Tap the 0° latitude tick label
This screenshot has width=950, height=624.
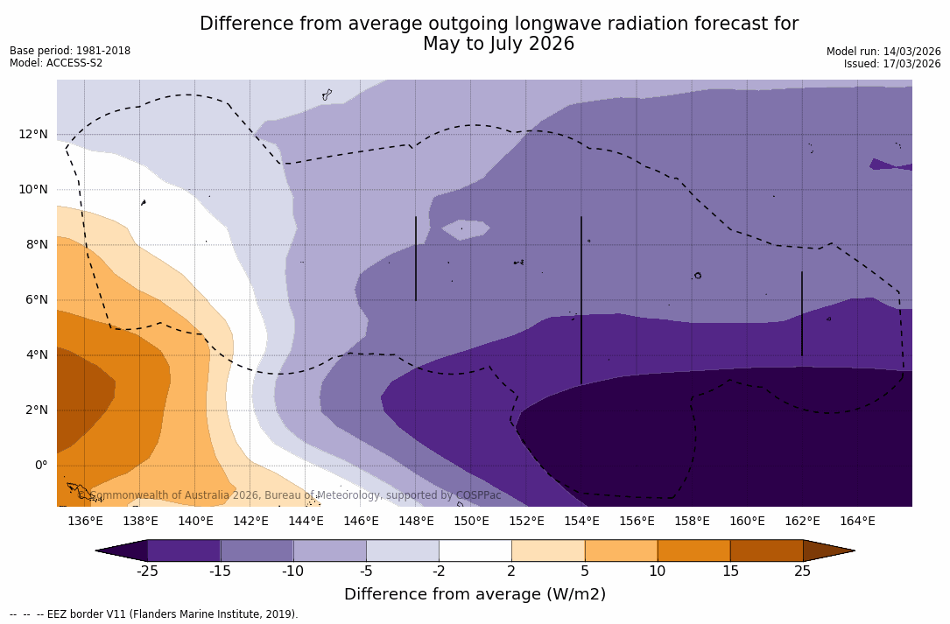click(40, 465)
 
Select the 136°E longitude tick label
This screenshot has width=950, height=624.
click(85, 522)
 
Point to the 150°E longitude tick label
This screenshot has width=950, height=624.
click(471, 522)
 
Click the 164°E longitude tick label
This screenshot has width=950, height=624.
click(857, 522)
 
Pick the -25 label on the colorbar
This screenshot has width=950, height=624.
click(147, 571)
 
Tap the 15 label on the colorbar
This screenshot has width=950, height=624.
click(729, 571)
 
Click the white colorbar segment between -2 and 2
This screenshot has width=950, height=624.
click(475, 550)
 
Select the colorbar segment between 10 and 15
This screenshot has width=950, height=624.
click(693, 550)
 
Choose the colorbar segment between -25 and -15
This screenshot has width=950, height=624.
click(184, 550)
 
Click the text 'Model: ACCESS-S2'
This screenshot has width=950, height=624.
click(56, 63)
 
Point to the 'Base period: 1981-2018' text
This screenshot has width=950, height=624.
click(70, 51)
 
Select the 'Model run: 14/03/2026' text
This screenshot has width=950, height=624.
click(883, 52)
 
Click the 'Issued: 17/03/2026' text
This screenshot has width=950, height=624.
click(892, 64)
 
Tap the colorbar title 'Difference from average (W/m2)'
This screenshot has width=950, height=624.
click(475, 594)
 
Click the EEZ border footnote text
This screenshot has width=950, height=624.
click(153, 614)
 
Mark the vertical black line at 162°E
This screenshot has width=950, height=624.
click(801, 313)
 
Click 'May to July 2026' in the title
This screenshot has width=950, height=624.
click(498, 44)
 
